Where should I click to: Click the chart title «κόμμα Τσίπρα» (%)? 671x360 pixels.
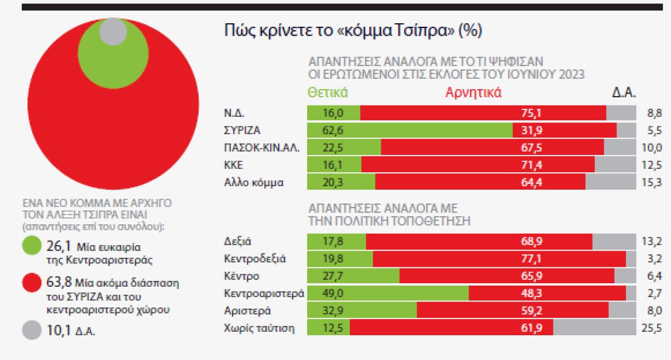point(353,31)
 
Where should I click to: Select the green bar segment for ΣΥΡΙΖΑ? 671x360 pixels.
point(410,131)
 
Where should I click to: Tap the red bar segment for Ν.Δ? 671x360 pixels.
point(483,113)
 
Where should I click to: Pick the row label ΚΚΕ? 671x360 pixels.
point(234,165)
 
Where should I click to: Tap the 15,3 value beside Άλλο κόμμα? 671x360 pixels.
point(650,182)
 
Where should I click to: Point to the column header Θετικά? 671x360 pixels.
point(327,93)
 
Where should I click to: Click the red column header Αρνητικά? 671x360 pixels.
point(473,93)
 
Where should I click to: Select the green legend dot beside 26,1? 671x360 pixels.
point(32,246)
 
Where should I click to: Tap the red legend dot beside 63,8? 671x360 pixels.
point(32,284)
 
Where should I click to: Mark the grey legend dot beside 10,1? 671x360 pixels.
point(32,330)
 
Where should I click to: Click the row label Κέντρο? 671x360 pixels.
point(241,276)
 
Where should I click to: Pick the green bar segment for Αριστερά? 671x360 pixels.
point(362,310)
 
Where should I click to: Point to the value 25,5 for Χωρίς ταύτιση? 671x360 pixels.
point(650,328)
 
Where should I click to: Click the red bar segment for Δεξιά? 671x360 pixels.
point(479,242)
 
